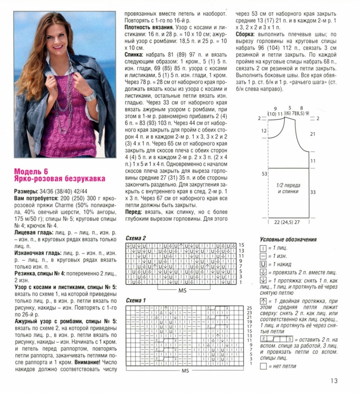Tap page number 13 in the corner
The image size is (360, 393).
point(333,381)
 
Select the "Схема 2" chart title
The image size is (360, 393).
point(136,238)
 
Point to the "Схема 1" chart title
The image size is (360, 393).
point(136,301)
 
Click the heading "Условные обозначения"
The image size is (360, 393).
point(288,239)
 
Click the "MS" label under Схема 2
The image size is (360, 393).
point(182,291)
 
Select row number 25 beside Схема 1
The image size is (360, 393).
point(249,308)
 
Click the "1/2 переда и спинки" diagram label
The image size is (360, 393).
point(288,188)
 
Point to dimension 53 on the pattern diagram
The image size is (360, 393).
point(264,174)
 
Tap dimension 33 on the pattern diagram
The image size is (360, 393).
point(313,192)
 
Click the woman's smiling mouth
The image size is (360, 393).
point(58,47)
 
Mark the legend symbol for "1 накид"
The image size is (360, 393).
point(263,264)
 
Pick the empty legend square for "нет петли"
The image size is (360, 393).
point(263,366)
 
